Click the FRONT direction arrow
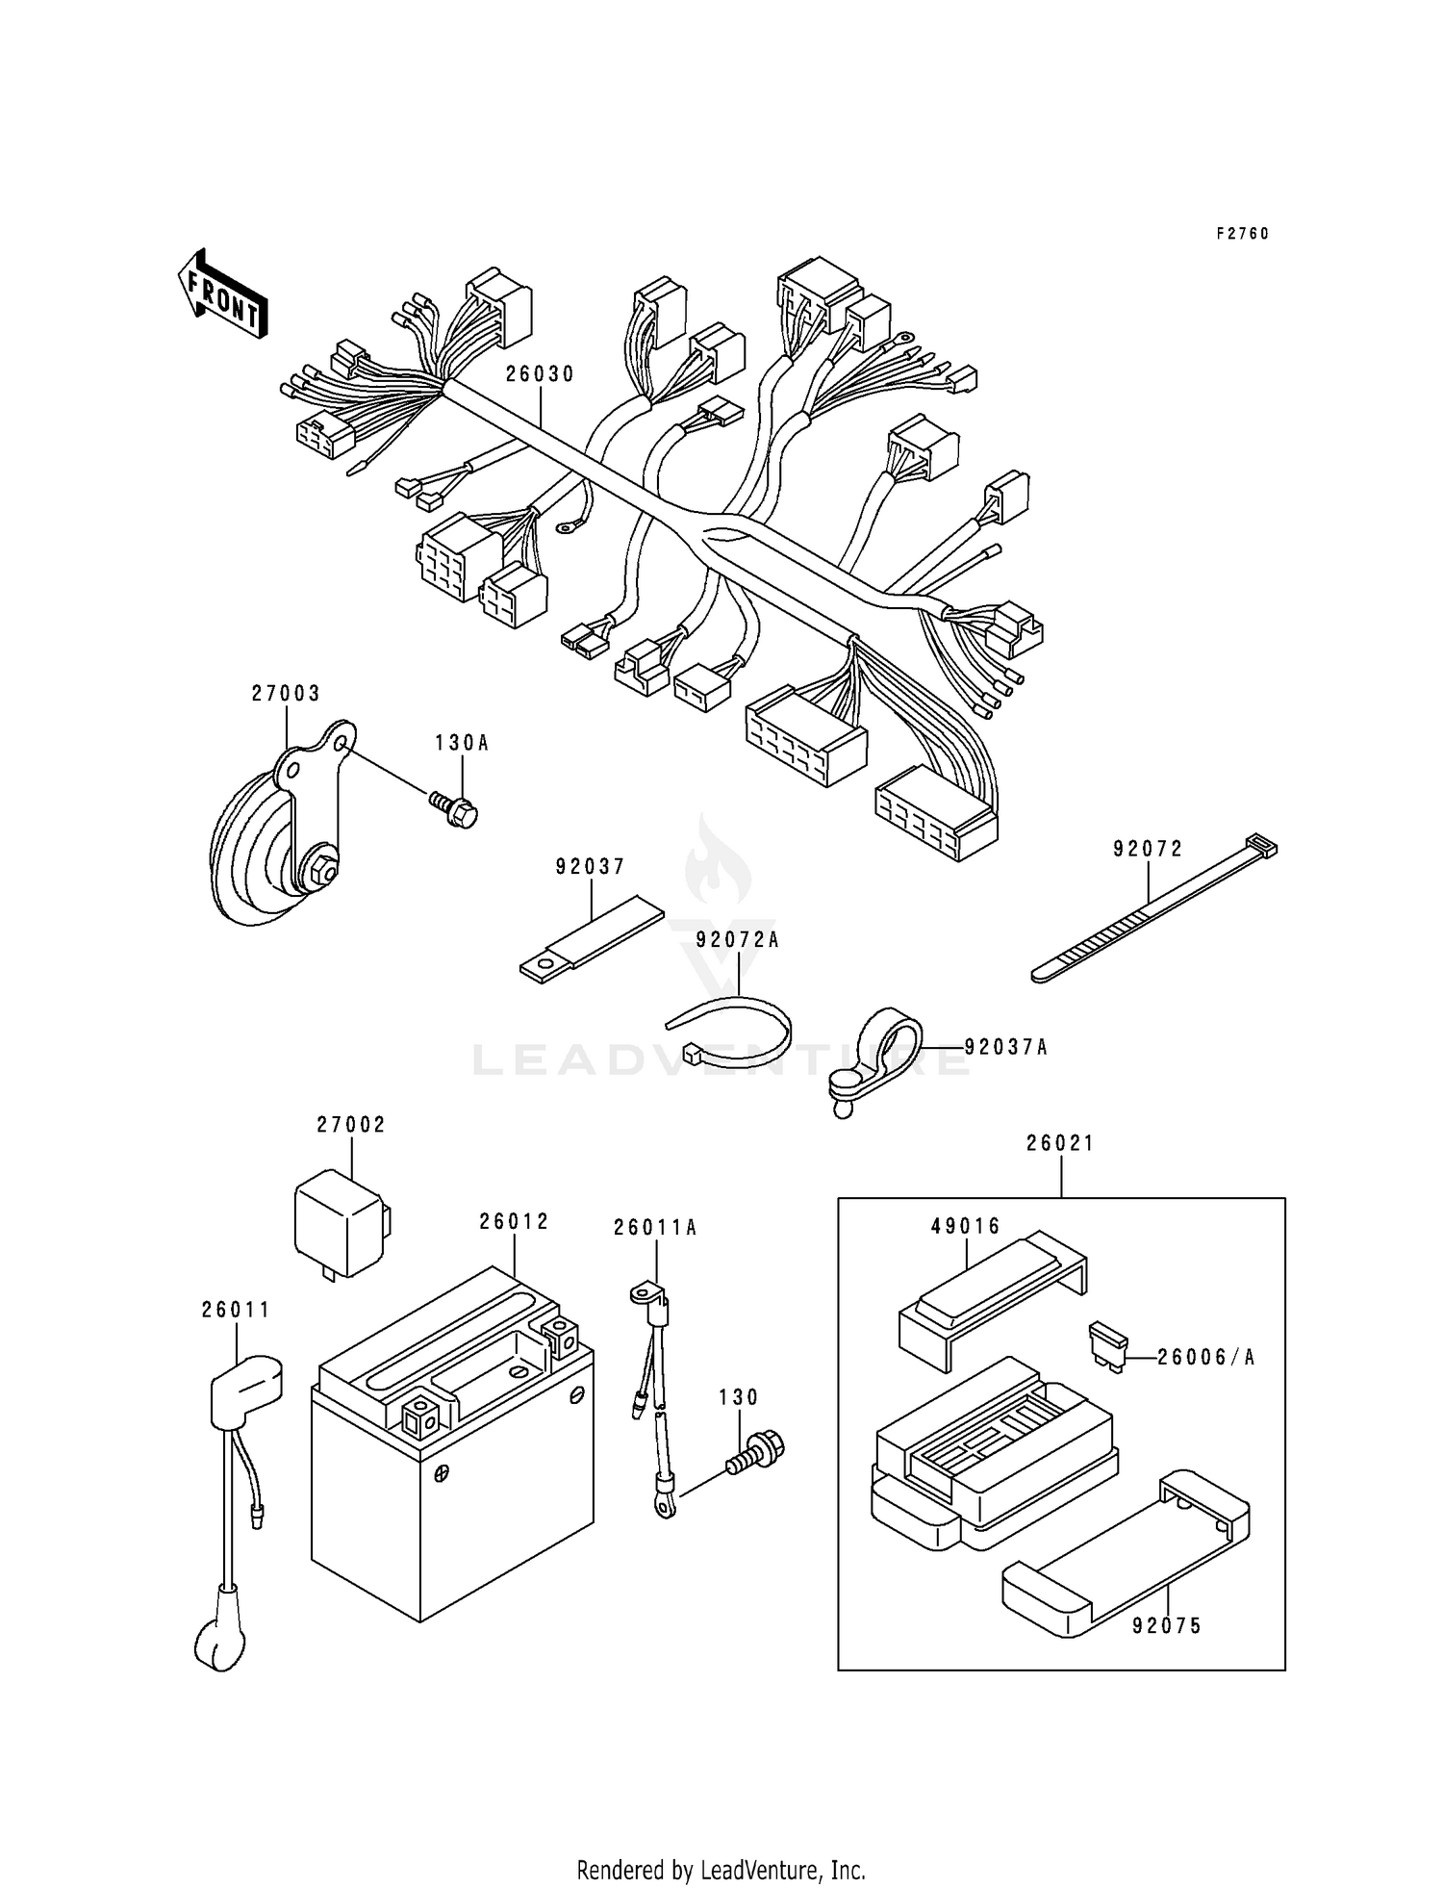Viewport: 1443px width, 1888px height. (222, 293)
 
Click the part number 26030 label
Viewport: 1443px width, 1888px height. (540, 374)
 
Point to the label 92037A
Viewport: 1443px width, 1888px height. (1005, 1047)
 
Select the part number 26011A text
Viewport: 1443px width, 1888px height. (655, 1228)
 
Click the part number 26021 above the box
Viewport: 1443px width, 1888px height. (1060, 1143)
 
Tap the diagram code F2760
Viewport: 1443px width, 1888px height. (1242, 234)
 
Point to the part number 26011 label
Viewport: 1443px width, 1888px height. (236, 1310)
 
